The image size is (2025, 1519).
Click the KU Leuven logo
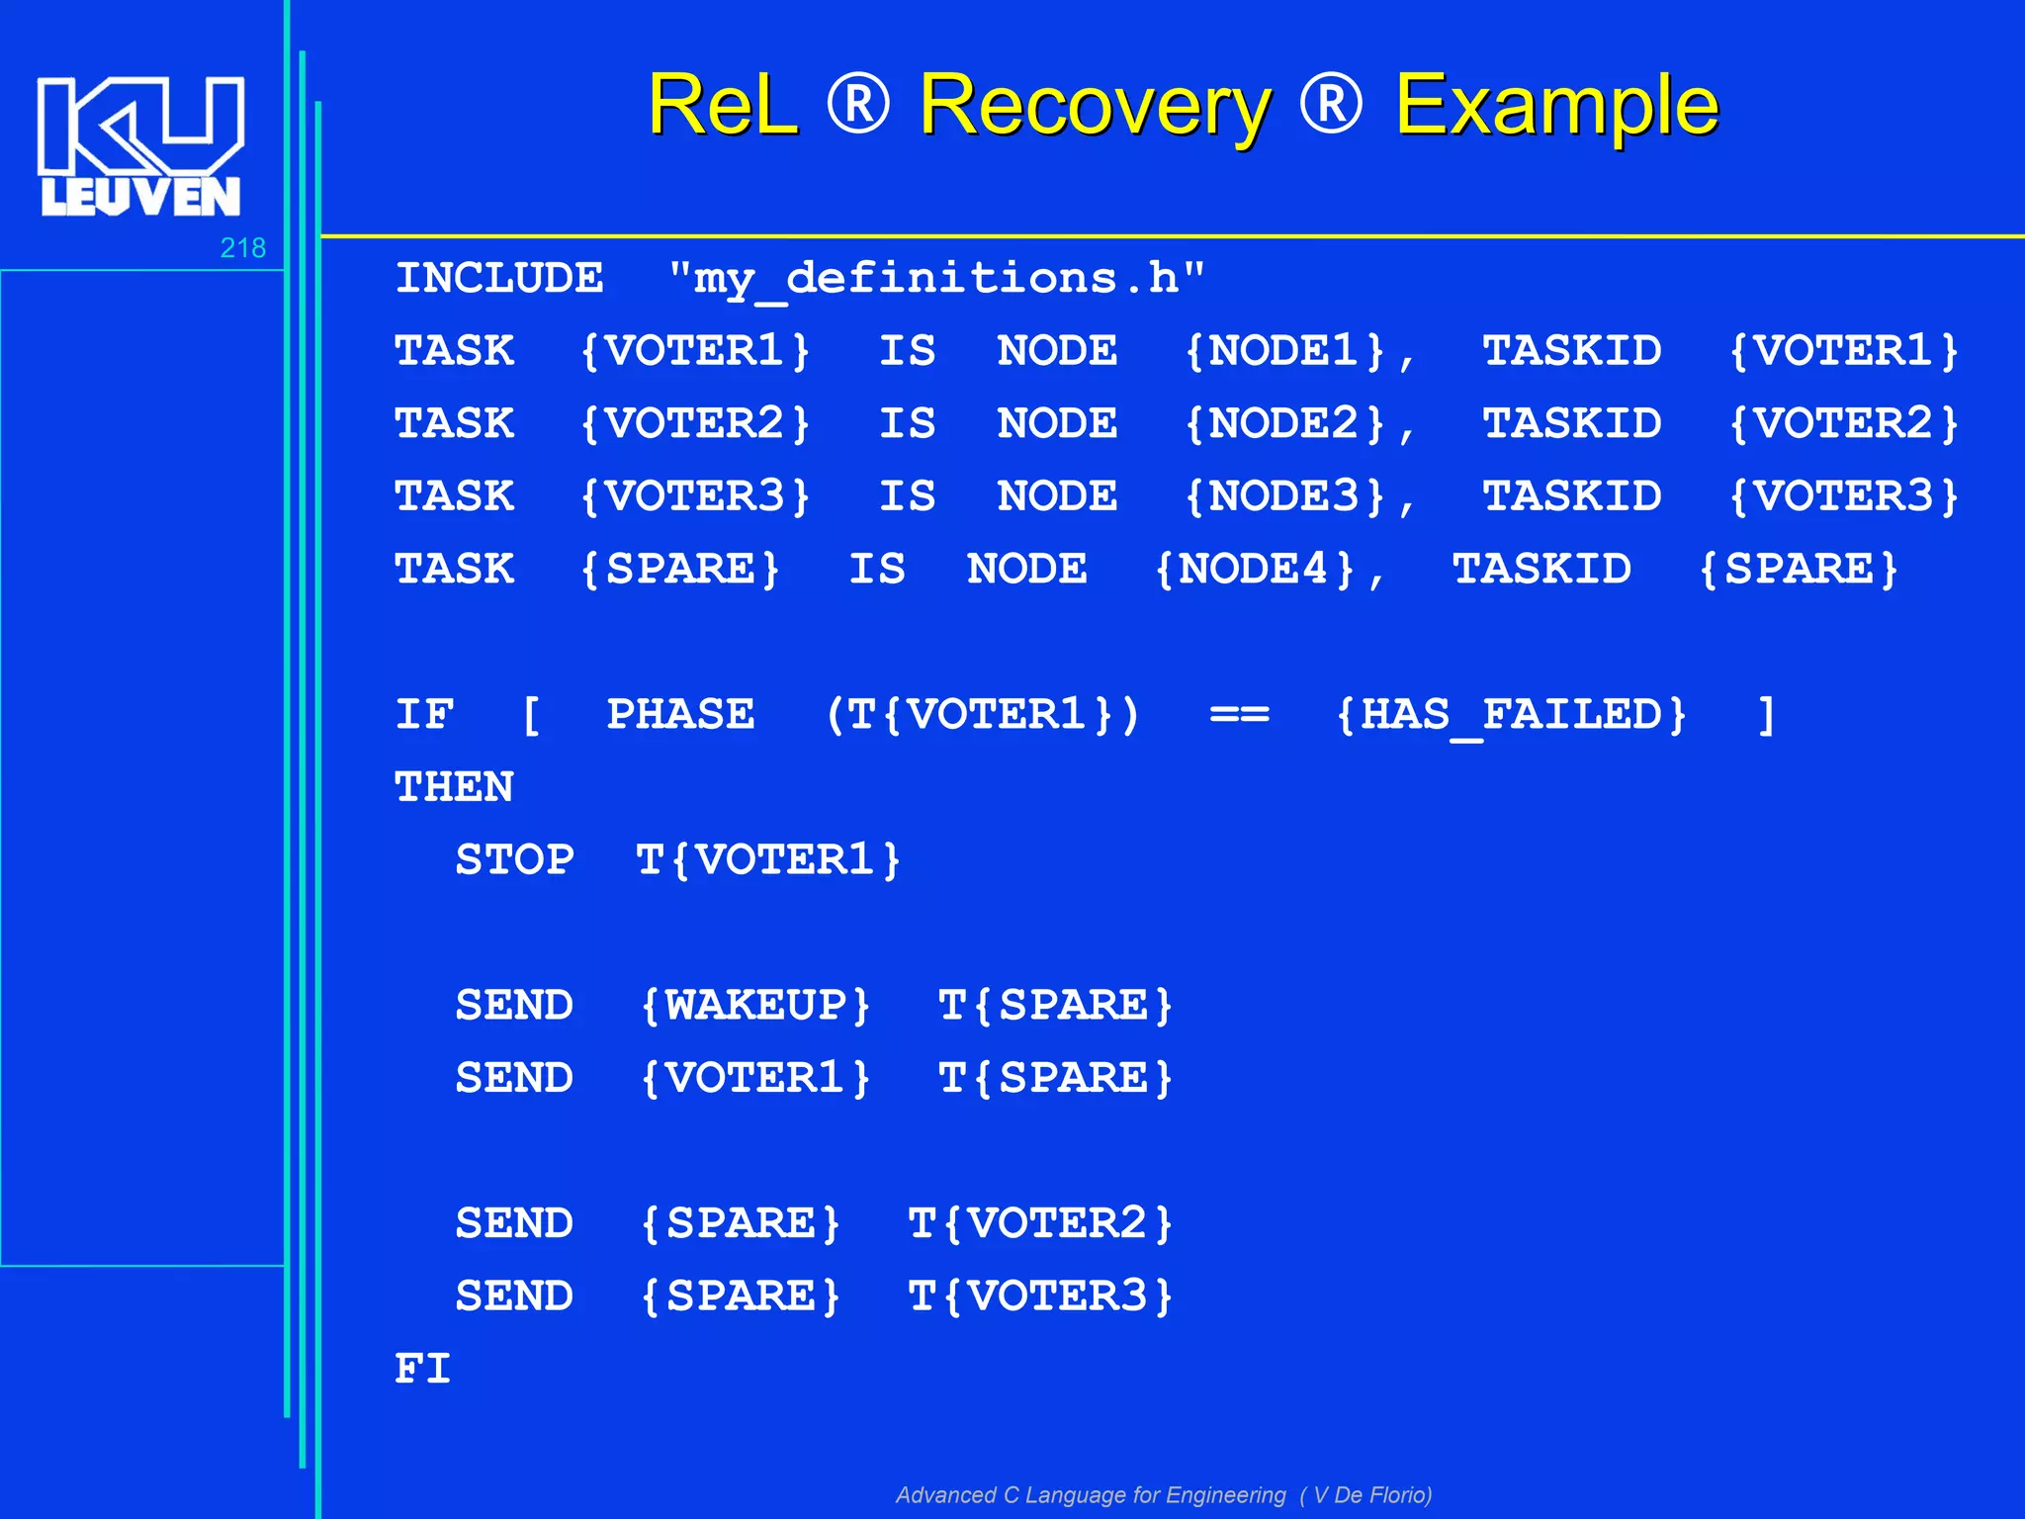[x=140, y=146]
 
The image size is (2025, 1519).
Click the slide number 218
[x=242, y=247]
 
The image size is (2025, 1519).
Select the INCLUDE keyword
[x=499, y=279]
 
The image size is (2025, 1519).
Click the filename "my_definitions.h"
[x=935, y=279]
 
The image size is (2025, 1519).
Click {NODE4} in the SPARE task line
[x=1255, y=570]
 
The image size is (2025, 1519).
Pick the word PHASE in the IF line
[x=680, y=715]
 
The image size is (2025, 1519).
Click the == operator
[x=1239, y=715]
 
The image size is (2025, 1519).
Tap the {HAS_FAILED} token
[x=1511, y=715]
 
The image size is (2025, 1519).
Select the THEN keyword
[x=454, y=788]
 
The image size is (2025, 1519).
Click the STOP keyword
[x=514, y=860]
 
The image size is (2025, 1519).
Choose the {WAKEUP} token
[x=755, y=1006]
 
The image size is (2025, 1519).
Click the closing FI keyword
[x=423, y=1370]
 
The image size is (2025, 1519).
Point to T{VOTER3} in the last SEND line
[x=1040, y=1296]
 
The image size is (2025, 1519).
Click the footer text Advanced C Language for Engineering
[x=1091, y=1495]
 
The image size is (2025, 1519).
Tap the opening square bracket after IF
[x=531, y=715]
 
